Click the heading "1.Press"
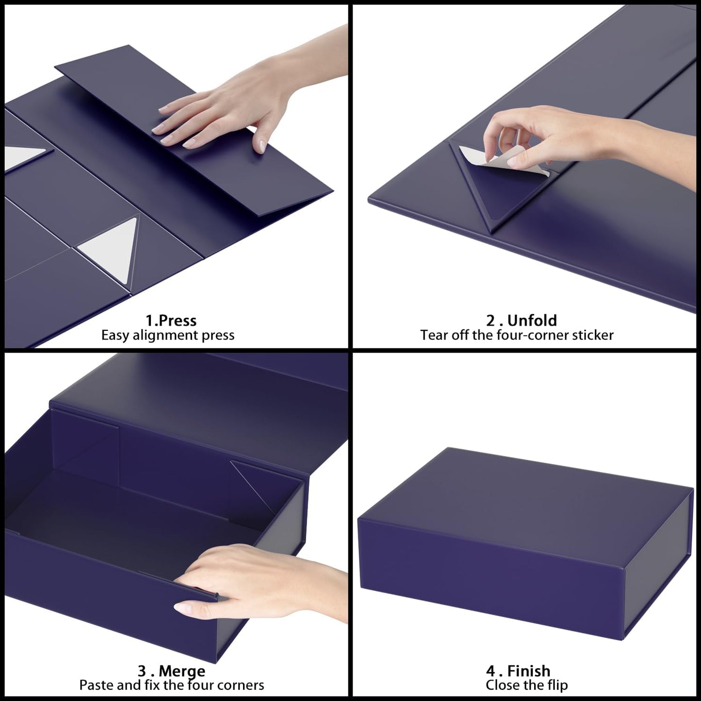click(171, 321)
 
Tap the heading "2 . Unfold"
click(522, 321)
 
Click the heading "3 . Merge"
click(171, 671)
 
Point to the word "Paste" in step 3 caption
click(97, 685)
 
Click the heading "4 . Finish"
click(518, 671)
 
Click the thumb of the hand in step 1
click(258, 141)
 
